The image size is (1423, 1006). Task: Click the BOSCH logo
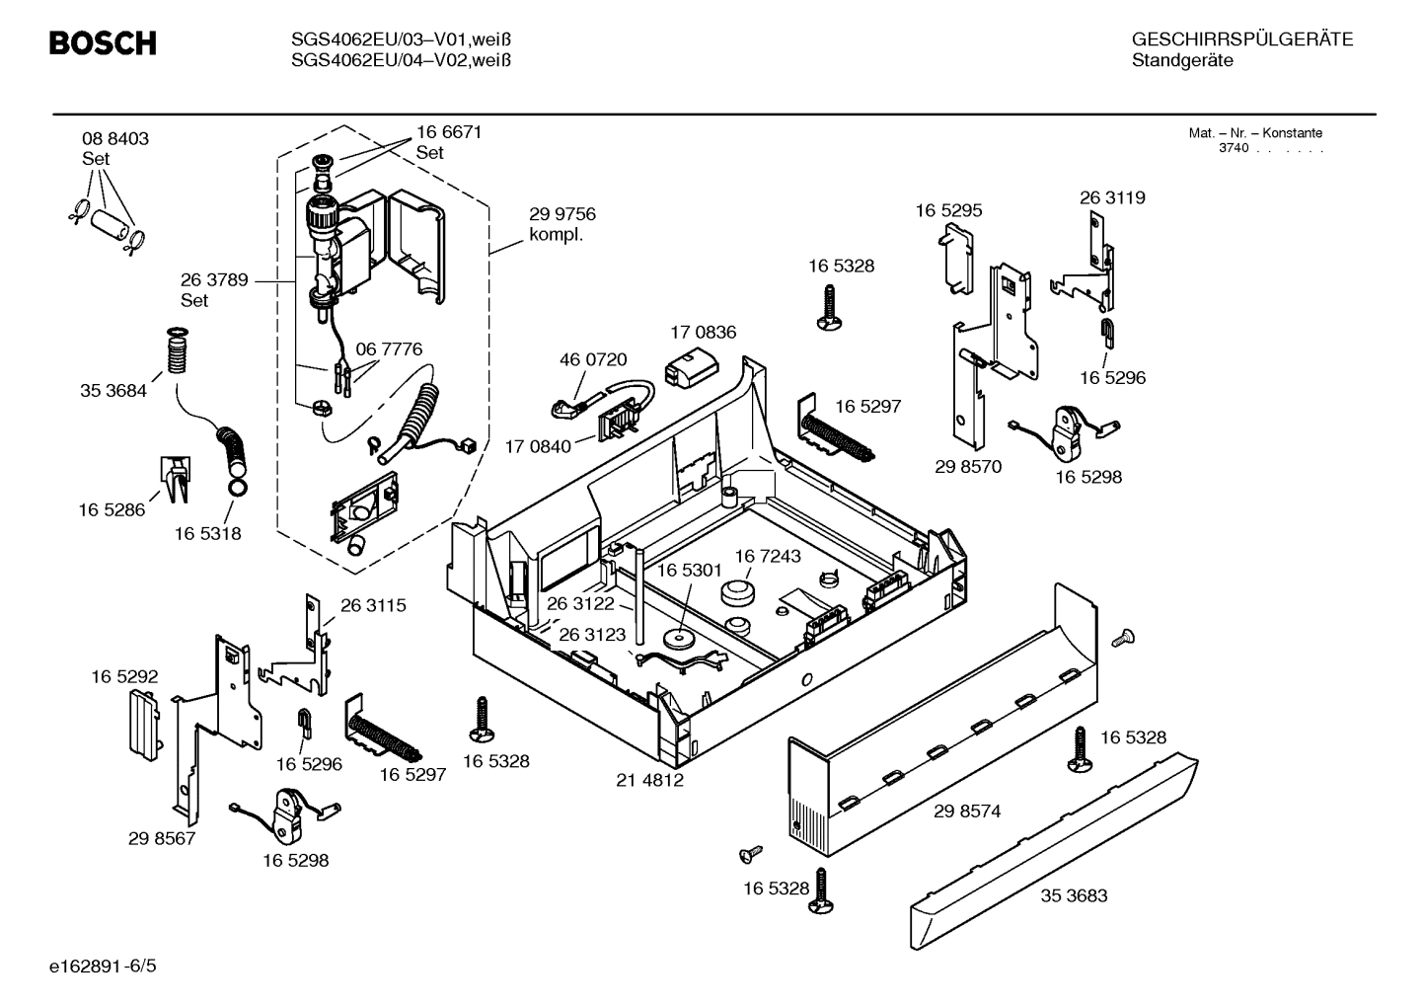(103, 43)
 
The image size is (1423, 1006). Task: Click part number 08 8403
(115, 139)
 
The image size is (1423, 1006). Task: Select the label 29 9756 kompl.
(562, 224)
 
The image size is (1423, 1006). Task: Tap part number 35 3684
(113, 391)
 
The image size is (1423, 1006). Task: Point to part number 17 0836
(703, 333)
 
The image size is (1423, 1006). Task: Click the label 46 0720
(593, 360)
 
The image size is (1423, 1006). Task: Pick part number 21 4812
(650, 780)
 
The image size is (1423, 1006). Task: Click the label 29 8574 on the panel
(967, 812)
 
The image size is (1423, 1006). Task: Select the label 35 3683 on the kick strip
(1074, 896)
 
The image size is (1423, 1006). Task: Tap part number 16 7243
(768, 557)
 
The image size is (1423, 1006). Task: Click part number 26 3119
(1112, 198)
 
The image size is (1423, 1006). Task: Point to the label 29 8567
(162, 839)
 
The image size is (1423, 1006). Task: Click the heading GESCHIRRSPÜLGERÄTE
(1241, 40)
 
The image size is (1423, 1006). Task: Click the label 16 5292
(124, 677)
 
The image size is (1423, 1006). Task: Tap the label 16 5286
(112, 510)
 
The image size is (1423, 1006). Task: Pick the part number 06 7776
(389, 349)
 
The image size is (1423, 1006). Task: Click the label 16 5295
(948, 211)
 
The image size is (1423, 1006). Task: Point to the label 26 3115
(373, 606)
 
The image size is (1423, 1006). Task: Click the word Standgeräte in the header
(1182, 61)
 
